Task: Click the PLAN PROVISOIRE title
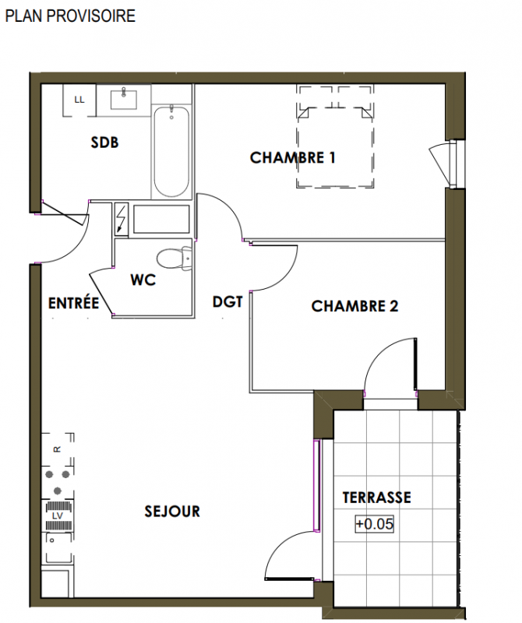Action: click(70, 16)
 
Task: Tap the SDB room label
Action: click(104, 143)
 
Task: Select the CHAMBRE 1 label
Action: click(293, 158)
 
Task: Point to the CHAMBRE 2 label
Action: click(354, 306)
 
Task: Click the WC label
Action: click(143, 280)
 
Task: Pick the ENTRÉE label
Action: click(73, 303)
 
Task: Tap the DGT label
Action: click(227, 302)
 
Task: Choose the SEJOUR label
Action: click(172, 511)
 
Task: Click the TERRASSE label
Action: click(376, 498)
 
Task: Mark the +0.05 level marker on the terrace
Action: click(374, 523)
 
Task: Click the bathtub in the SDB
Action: click(171, 151)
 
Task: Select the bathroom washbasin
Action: click(124, 99)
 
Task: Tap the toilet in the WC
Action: click(175, 259)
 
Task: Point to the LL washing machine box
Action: click(79, 100)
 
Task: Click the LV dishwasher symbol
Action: click(58, 516)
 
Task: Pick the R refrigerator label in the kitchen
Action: click(57, 449)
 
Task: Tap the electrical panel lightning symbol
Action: click(122, 220)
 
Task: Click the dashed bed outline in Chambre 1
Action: click(335, 136)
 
